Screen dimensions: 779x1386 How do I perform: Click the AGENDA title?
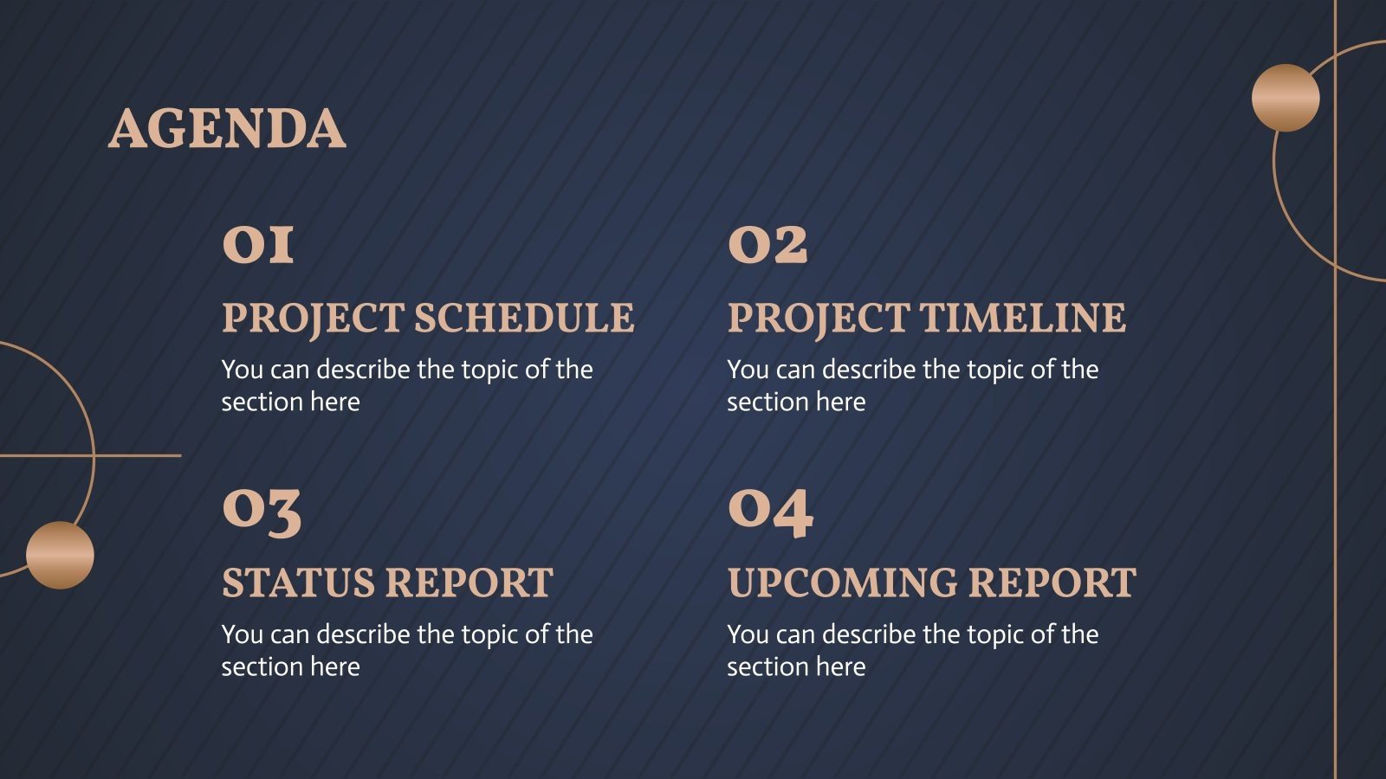coord(227,129)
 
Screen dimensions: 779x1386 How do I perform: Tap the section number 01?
coord(258,244)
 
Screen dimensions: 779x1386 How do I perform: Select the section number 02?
coord(767,244)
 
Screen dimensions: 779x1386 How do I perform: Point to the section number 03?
coord(262,511)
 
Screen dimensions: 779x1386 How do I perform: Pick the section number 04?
coord(770,511)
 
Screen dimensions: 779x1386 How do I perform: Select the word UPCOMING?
coord(841,583)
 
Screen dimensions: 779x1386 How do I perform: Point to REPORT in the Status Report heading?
coord(470,583)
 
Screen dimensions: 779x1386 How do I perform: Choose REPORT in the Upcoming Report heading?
coord(1052,583)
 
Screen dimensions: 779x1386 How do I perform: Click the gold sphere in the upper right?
coord(1286,98)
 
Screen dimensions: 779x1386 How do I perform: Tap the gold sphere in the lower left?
coord(60,555)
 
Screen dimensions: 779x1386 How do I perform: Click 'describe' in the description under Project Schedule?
coord(363,370)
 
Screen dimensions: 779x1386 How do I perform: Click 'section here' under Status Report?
coord(290,666)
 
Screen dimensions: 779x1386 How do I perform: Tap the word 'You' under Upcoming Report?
coord(748,634)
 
